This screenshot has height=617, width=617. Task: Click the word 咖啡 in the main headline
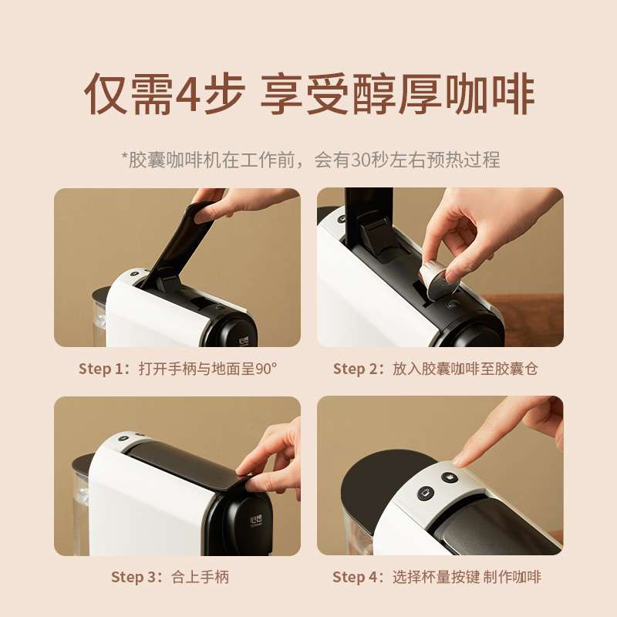[490, 94]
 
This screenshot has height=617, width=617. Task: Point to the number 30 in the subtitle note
[361, 160]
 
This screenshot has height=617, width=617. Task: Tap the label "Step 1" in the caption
[101, 369]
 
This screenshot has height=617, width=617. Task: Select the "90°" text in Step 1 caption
[266, 369]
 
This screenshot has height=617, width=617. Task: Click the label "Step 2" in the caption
[356, 369]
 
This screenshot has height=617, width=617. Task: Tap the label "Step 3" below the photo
[133, 577]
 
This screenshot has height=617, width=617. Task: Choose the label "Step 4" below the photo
[356, 577]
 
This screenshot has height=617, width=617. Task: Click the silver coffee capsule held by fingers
[437, 281]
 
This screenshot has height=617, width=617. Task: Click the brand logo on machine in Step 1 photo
[244, 341]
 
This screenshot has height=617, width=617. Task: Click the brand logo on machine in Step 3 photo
[256, 521]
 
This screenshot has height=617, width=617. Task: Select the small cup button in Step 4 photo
[449, 477]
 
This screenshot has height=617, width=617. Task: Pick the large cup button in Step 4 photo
[426, 493]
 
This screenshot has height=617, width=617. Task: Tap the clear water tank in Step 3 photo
[81, 507]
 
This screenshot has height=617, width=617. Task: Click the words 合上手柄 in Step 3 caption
[201, 577]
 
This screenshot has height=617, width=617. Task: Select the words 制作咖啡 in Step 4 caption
[512, 577]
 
